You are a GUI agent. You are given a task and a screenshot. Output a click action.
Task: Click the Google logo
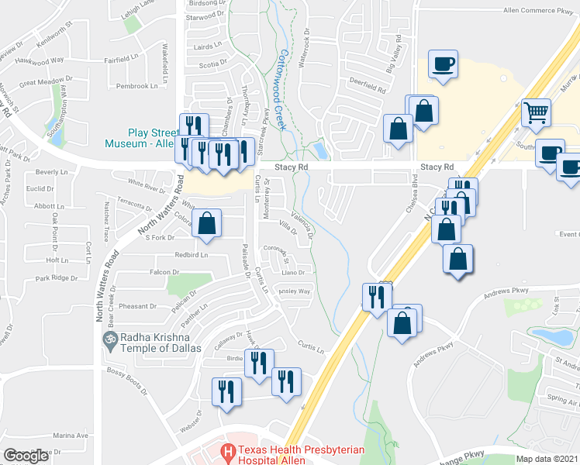[26, 456]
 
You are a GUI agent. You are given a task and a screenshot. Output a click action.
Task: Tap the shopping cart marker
[536, 113]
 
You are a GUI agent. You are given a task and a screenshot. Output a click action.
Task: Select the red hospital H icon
[228, 450]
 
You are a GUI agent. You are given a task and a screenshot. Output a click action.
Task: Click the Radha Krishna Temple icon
[109, 339]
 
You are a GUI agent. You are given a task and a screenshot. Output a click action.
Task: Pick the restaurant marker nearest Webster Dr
[226, 390]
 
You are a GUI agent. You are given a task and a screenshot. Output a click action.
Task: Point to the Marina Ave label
[72, 436]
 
